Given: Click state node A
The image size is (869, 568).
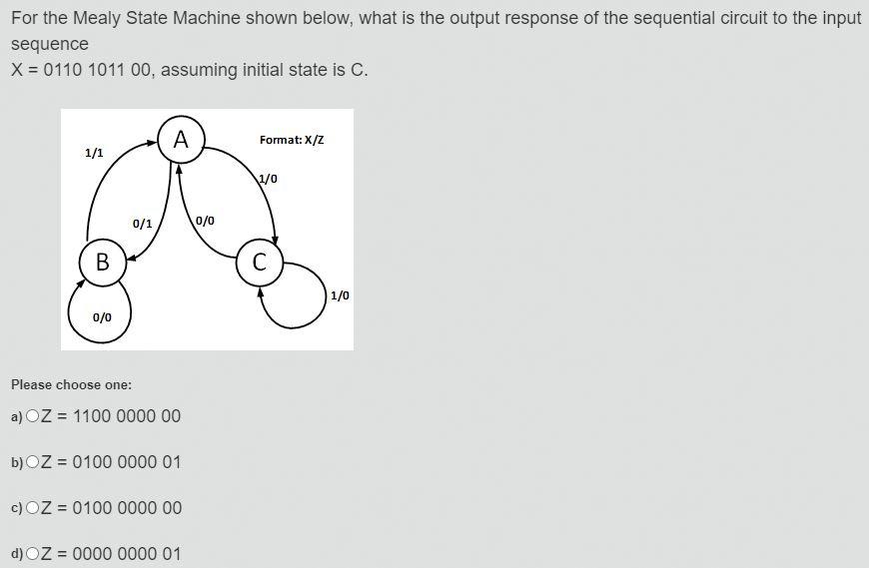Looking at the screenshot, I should (181, 139).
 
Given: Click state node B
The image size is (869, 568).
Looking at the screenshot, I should (102, 263).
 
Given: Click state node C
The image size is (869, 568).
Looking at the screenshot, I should (260, 263).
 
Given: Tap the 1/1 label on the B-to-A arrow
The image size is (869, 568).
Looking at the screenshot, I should (94, 153).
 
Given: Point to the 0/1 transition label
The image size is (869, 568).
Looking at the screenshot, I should (143, 224).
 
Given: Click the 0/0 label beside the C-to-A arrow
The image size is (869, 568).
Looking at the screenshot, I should (205, 220).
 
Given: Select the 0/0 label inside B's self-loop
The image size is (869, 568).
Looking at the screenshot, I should (102, 317).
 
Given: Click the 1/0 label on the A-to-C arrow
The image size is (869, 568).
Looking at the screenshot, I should (268, 179).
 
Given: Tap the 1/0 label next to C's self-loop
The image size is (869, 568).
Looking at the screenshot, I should (340, 295).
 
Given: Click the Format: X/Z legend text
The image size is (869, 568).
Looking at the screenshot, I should (292, 140).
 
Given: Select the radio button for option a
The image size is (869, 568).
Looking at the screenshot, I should (33, 416).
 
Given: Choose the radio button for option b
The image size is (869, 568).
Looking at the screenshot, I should (33, 462).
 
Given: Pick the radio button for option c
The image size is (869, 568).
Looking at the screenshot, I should (33, 508).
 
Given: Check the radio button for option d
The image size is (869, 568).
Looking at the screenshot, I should (33, 554).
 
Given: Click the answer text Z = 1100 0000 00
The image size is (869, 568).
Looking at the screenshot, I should (111, 416).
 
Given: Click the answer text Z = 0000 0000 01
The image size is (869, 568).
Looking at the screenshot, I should (111, 554).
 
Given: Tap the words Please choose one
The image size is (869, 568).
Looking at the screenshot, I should (71, 384).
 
